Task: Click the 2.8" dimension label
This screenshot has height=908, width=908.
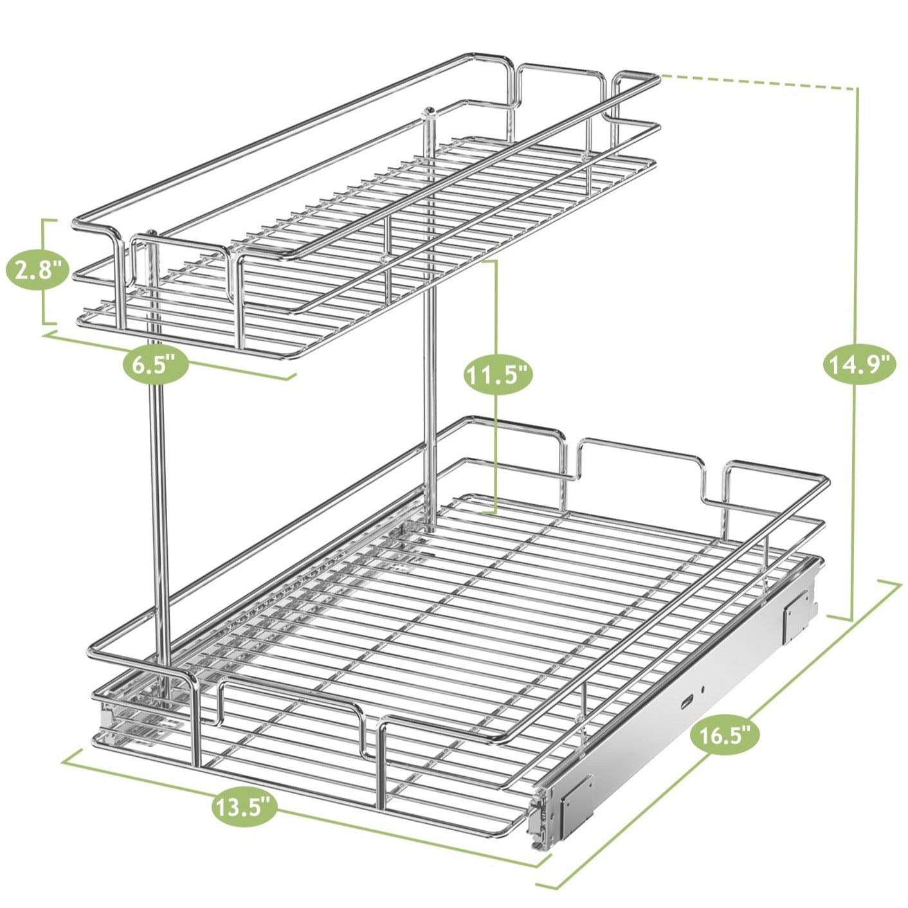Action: pos(37,271)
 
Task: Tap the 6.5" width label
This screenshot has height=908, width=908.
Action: pos(154,365)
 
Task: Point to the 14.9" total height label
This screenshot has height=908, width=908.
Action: pos(859,365)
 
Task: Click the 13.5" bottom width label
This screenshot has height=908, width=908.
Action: pos(244,806)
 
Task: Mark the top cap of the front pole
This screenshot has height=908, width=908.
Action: pos(151,233)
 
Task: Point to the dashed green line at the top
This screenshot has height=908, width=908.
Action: pos(759,82)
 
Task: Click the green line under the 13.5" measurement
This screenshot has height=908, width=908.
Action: pos(386,830)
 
